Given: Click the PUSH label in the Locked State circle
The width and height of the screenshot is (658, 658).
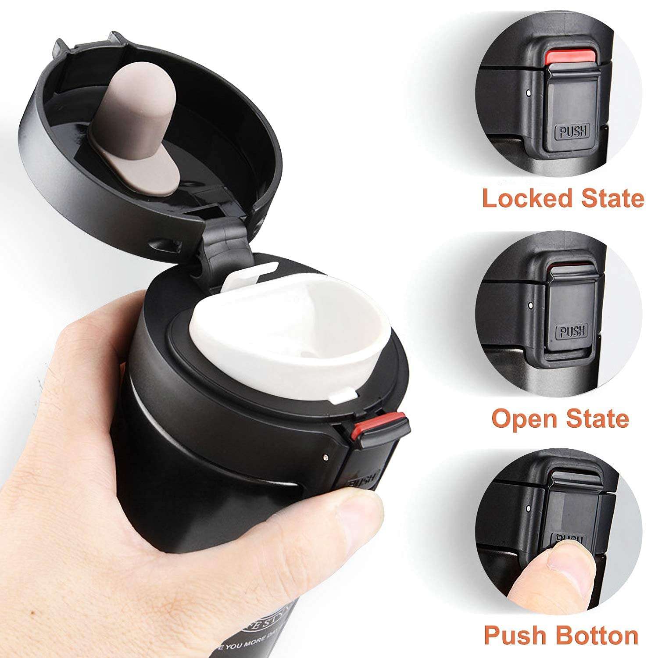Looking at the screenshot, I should [572, 131].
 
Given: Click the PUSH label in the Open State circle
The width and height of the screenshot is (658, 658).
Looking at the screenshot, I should [572, 332].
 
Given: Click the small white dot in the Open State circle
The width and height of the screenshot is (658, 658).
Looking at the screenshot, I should [531, 304].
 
